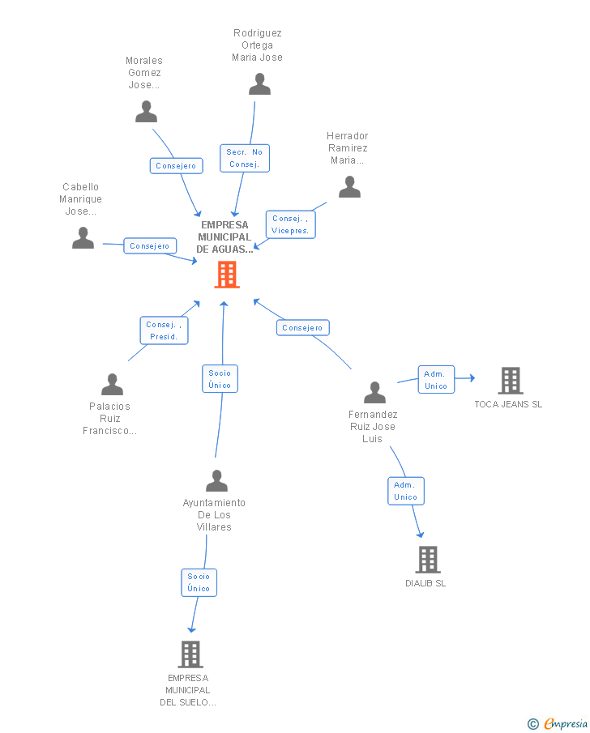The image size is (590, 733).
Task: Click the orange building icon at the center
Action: (227, 275)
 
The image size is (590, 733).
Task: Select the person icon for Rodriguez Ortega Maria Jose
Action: (259, 84)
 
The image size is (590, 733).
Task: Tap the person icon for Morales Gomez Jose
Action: (147, 112)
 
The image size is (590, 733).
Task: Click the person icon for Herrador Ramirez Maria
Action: (349, 187)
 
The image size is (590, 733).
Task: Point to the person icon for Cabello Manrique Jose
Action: (83, 238)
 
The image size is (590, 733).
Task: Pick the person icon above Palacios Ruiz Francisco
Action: (113, 385)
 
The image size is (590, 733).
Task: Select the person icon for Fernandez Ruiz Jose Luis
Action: (374, 393)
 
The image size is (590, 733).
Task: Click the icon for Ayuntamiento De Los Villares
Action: (216, 481)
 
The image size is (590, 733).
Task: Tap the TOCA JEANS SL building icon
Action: (511, 381)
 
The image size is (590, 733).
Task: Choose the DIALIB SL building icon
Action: (428, 560)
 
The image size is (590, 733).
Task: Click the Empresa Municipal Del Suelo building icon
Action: (190, 654)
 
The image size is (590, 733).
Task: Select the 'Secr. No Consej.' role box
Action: (245, 159)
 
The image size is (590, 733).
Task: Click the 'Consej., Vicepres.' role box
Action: (291, 225)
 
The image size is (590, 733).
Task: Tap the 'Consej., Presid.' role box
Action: (165, 331)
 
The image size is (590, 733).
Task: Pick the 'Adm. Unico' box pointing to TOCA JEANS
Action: (436, 380)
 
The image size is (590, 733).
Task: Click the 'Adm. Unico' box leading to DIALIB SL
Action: (406, 492)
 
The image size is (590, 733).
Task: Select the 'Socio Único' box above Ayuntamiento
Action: (220, 379)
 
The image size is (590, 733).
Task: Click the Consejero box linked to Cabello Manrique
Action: (150, 246)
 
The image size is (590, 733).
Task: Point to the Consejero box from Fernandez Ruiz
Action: (303, 328)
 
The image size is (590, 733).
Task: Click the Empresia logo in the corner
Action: (558, 724)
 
